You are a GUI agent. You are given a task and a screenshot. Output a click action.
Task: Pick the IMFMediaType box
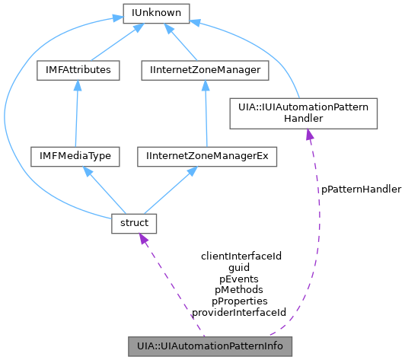[71, 157]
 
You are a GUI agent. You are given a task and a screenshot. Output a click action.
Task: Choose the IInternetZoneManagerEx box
[206, 157]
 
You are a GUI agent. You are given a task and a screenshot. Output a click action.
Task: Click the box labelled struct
[134, 223]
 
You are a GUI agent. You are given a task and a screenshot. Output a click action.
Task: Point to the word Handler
[304, 119]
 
